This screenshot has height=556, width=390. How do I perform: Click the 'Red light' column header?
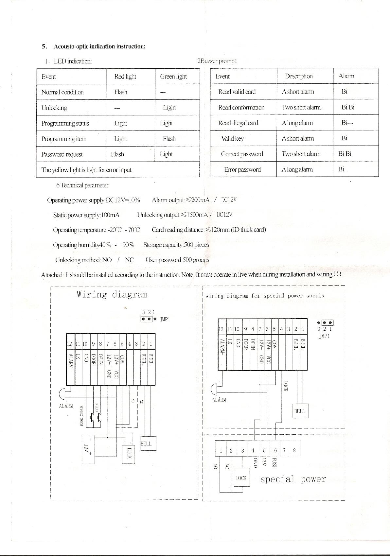[125, 77]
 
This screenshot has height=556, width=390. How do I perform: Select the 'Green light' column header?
[173, 77]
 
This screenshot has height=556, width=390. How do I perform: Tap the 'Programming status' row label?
[65, 123]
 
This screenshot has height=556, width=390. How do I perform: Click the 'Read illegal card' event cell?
[238, 123]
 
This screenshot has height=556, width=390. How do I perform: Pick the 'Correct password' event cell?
[242, 154]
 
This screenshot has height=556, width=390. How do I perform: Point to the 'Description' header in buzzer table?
[299, 76]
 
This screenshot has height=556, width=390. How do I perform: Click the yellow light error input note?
[86, 170]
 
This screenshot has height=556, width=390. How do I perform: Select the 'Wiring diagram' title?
[112, 294]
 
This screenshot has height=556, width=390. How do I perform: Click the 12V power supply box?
[88, 449]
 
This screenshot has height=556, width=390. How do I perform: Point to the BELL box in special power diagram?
[300, 411]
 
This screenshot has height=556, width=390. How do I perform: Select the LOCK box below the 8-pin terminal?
[241, 478]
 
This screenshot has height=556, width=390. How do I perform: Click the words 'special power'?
[293, 479]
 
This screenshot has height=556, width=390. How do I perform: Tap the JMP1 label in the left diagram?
[165, 320]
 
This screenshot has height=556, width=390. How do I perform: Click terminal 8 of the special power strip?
[294, 450]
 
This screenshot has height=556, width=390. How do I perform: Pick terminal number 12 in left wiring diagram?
[70, 344]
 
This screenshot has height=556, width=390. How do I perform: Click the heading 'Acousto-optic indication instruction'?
[99, 46]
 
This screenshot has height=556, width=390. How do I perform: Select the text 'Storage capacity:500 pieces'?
[176, 245]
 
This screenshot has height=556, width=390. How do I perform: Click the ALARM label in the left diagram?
[66, 406]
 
